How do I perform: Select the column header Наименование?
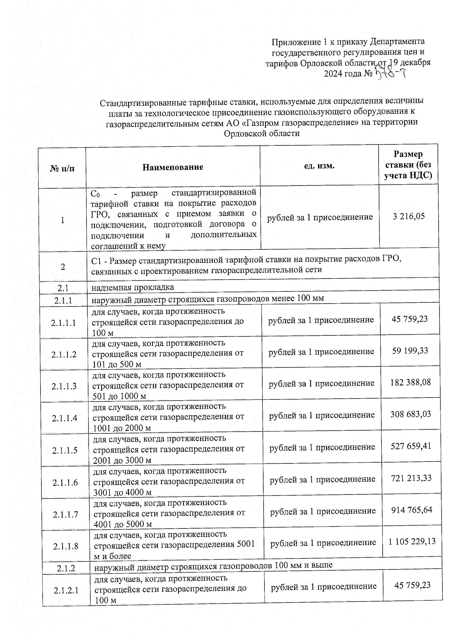[x=173, y=167]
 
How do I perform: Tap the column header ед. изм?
[x=319, y=166]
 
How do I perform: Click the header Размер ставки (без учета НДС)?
[x=408, y=165]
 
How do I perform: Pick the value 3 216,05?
[x=409, y=216]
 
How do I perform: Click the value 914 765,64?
[x=412, y=510]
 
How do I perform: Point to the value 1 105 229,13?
[x=412, y=542]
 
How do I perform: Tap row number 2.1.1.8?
[x=66, y=546]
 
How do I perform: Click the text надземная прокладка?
[x=133, y=287]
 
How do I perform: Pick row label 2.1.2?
[x=66, y=568]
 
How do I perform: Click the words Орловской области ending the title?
[x=262, y=133]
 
